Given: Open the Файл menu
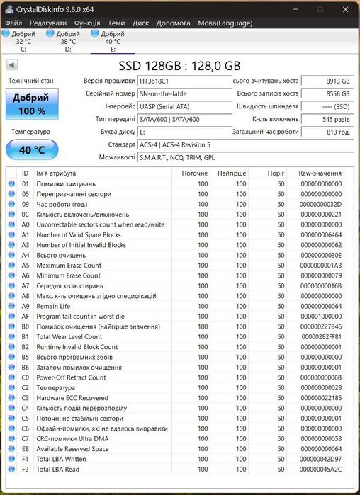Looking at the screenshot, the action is tap(13, 23).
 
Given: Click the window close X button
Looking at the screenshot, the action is tap(345, 9).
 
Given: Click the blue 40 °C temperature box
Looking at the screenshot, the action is tap(31, 149).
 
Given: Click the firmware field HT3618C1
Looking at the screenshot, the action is tap(183, 81).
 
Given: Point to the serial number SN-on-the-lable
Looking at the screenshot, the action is tap(183, 94).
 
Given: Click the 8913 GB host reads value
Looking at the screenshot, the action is tap(327, 81).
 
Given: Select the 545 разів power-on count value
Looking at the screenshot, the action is tap(327, 119).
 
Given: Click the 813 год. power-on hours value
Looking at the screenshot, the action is tap(327, 132).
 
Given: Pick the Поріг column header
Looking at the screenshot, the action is tap(276, 173).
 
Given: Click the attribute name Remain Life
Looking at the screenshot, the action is tap(53, 306).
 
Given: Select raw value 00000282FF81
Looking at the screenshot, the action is tap(320, 336).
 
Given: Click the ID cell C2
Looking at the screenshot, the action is tap(26, 387).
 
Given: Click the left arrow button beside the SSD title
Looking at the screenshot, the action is tap(11, 64).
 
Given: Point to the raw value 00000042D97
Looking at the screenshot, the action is tap(320, 459).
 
